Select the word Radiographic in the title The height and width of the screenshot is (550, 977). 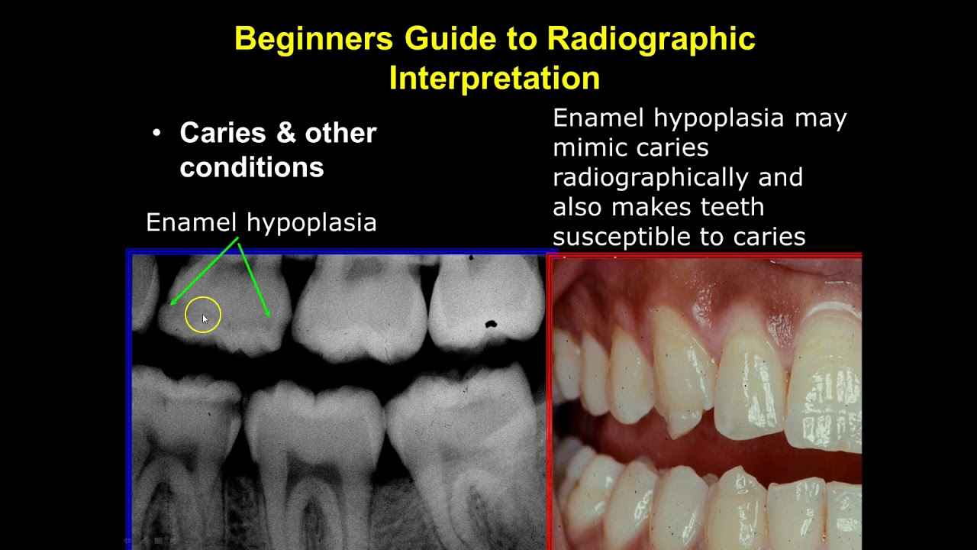coord(652,39)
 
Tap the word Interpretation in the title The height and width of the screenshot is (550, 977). coord(494,78)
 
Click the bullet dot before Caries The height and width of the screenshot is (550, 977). coord(156,134)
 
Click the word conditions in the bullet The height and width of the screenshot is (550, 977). coord(251,167)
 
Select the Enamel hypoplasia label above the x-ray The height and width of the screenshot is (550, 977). coord(261,222)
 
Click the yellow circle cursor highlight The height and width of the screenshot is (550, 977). coord(202,315)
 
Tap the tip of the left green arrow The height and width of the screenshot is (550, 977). coord(172,304)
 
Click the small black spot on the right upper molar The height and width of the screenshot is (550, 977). coord(491,325)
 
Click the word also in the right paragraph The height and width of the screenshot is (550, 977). coord(578,207)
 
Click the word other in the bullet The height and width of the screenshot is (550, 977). coord(340,133)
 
